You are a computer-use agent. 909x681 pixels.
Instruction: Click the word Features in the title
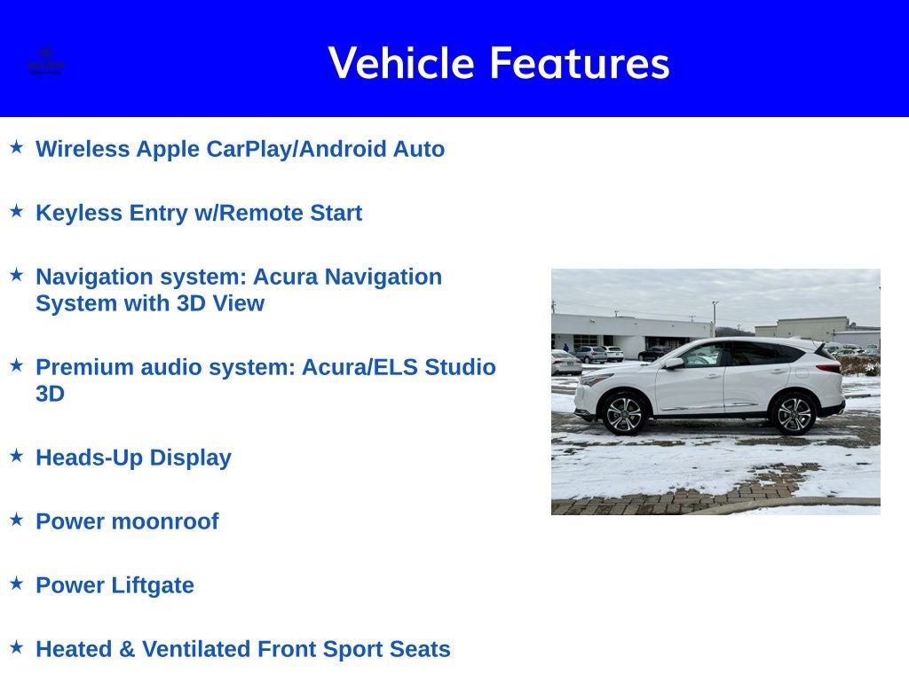(x=579, y=63)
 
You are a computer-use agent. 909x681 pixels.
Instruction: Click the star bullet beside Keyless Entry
(x=16, y=211)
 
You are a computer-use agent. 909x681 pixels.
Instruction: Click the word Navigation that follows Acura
(x=383, y=277)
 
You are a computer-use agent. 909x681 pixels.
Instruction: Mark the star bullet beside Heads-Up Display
(x=16, y=456)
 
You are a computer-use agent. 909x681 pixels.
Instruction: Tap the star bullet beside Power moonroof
(x=16, y=520)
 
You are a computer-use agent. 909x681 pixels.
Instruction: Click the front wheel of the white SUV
(x=624, y=413)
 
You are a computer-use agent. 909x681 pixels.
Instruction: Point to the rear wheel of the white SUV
(x=793, y=413)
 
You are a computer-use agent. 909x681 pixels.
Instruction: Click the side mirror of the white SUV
(x=673, y=363)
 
